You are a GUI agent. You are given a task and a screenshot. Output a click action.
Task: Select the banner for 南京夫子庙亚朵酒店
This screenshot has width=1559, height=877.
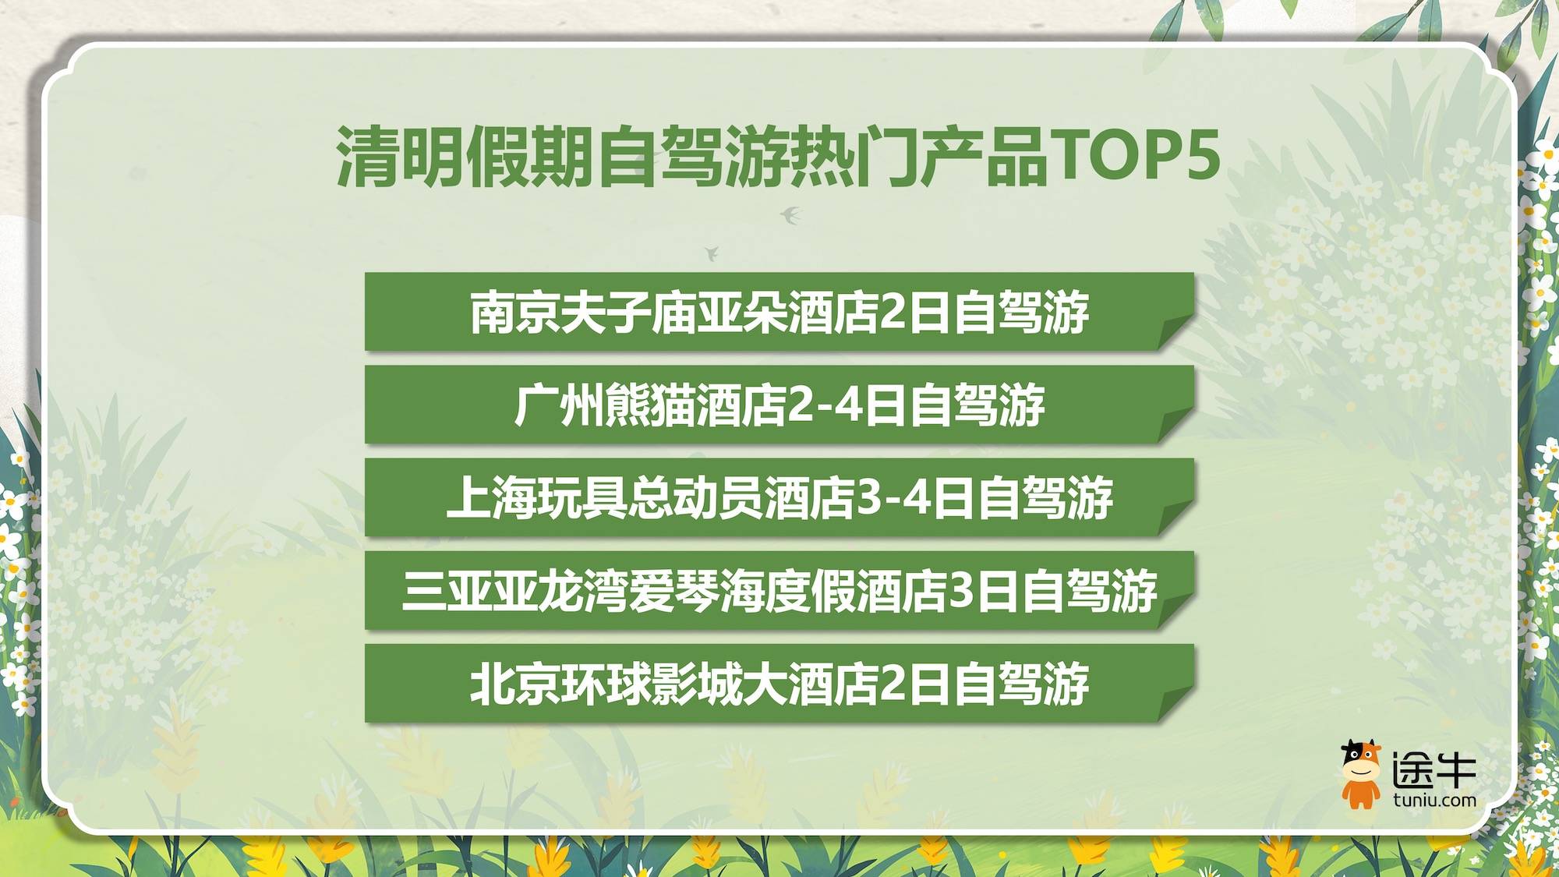[x=779, y=312]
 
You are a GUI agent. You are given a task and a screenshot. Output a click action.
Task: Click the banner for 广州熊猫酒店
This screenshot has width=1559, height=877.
[x=779, y=405]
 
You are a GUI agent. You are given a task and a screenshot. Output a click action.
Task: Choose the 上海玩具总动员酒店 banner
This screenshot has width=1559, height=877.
[x=779, y=497]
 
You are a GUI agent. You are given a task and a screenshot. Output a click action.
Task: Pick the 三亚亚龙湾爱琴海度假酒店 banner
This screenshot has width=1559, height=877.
[x=779, y=590]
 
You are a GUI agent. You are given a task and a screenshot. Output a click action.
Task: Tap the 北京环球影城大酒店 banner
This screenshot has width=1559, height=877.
[x=779, y=684]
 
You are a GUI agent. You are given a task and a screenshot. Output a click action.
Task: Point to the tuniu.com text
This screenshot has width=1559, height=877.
[x=1434, y=800]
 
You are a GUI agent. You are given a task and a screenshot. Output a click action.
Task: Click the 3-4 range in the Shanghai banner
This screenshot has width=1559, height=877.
[x=893, y=498]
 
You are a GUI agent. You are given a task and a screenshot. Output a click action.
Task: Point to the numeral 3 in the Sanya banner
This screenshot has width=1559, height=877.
[x=961, y=591]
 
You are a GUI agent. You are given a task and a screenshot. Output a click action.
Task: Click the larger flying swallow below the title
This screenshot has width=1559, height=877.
[x=791, y=214]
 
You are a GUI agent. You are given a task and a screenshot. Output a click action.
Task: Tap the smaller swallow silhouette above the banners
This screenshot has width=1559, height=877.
[x=711, y=253]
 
